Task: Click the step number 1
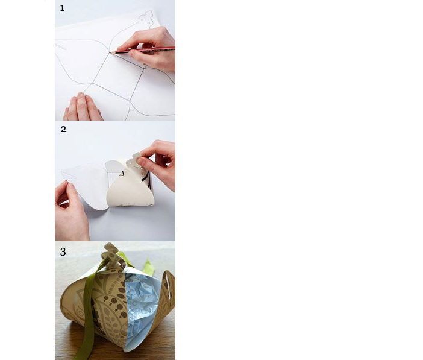[x=62, y=8]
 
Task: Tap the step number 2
[x=63, y=129]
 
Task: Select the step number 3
[x=63, y=251]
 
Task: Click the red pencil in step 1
[x=143, y=50]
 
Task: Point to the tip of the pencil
[x=110, y=52]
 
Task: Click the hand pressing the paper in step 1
[x=83, y=107]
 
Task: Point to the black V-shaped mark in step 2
[x=121, y=174]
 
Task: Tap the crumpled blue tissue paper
[x=142, y=308]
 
